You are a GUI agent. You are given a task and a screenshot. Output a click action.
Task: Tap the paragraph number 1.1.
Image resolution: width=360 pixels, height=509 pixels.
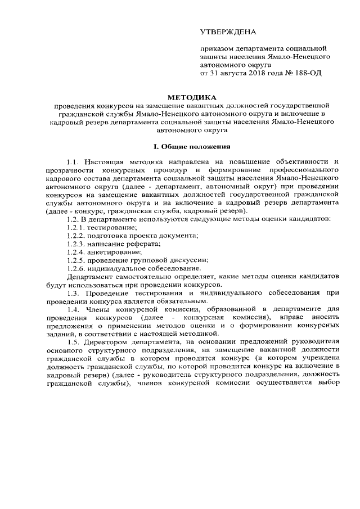pos(74,162)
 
